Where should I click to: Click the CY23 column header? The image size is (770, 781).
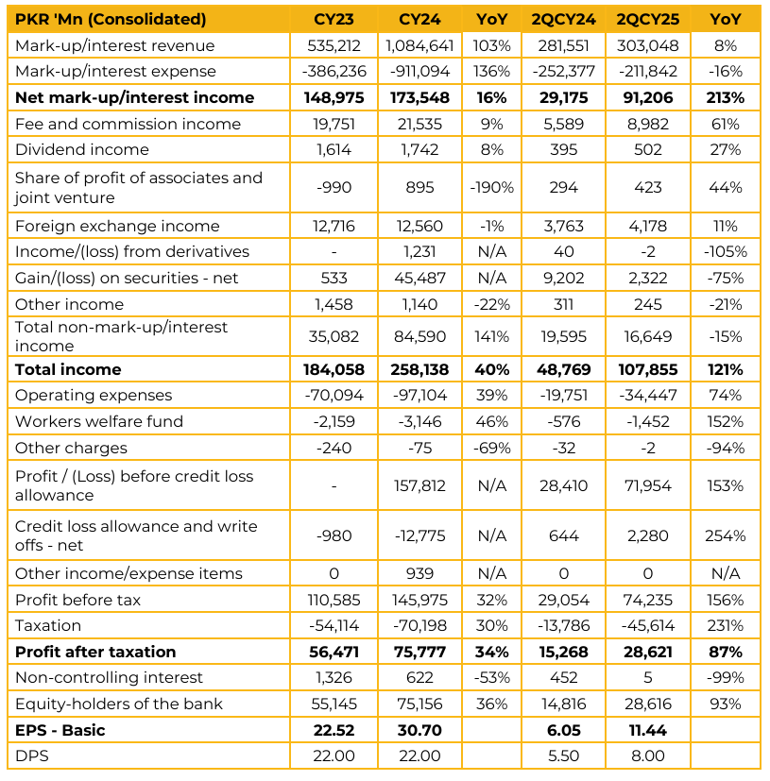point(334,19)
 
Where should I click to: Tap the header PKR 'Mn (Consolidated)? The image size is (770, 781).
point(111,19)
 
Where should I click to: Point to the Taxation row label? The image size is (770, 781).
point(48,625)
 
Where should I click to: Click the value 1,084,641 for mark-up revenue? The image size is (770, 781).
point(419,45)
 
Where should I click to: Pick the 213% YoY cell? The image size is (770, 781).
point(725,97)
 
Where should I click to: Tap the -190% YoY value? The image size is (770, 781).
point(491,187)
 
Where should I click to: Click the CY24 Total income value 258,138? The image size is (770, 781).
point(419,369)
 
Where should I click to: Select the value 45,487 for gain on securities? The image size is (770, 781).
point(419,278)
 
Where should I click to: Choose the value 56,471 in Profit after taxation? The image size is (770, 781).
point(334,652)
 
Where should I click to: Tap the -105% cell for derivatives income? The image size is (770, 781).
point(725,251)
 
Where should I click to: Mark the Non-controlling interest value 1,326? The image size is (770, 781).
point(334,677)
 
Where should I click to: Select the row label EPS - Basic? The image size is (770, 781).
point(60,730)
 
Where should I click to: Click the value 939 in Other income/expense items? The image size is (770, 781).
point(419,573)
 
